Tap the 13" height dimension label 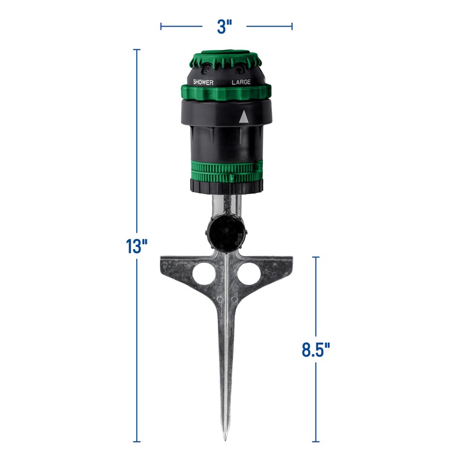pos(136,247)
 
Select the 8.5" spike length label pos(316,348)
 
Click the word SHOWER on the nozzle pos(203,82)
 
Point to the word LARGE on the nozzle pos(241,82)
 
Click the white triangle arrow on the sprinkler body pos(243,117)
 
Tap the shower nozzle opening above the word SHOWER pos(207,69)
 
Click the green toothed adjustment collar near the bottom pos(226,170)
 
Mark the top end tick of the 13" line pos(136,50)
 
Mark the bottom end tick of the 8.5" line pos(316,441)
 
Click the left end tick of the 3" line pos(161,26)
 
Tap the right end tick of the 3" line pos(292,26)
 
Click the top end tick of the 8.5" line pos(316,257)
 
